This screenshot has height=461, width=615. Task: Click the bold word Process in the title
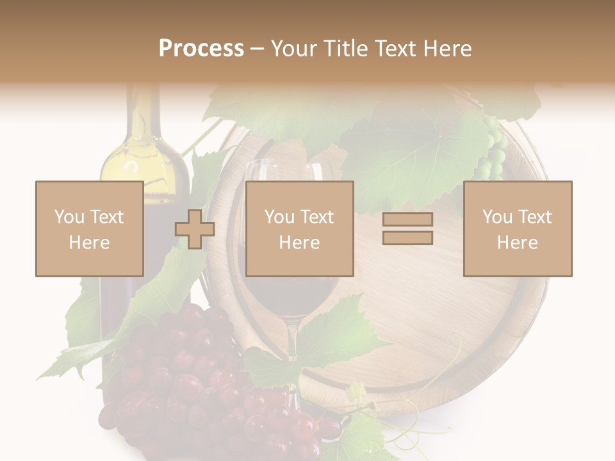coord(201,49)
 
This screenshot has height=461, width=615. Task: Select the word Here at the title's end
coord(447,49)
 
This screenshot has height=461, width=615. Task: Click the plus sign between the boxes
coord(195,229)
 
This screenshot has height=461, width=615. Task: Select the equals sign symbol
coord(407,229)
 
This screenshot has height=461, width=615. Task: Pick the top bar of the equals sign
coord(407,220)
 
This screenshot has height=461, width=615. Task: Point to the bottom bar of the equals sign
coord(407,238)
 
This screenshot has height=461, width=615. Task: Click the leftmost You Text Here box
coord(89,229)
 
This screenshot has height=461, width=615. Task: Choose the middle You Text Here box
coord(299,229)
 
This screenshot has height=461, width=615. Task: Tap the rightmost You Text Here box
coord(517,229)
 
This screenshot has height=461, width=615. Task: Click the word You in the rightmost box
coord(497,217)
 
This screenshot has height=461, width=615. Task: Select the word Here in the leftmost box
coord(89,243)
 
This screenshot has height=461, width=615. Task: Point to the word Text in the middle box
coord(317,217)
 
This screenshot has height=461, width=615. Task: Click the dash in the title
coord(258,49)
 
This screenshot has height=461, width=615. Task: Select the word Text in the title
coord(396,49)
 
